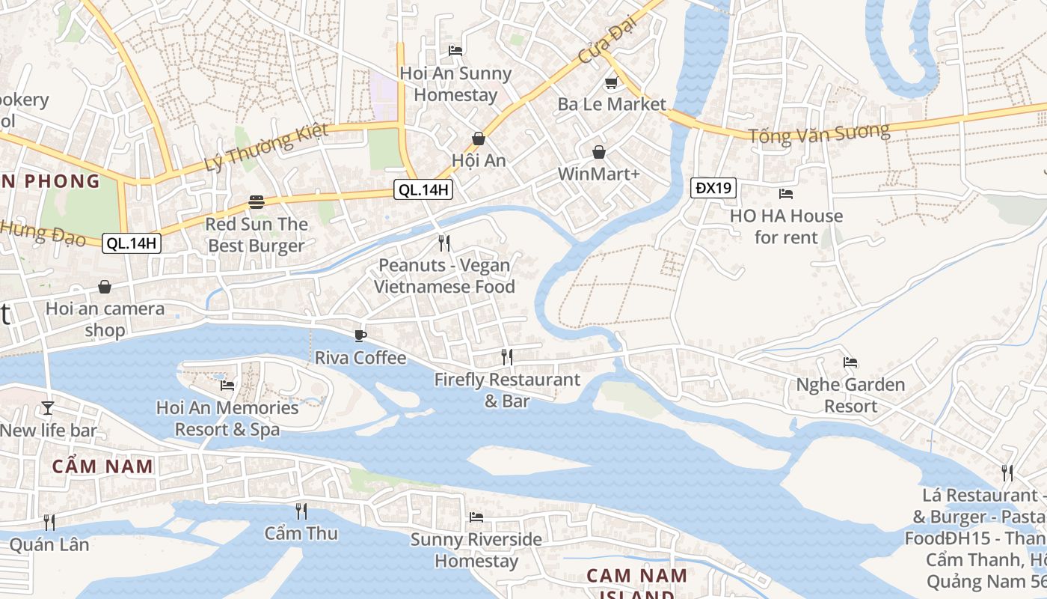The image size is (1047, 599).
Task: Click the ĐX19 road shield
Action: pyautogui.click(x=713, y=187)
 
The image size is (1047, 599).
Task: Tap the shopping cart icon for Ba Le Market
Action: pyautogui.click(x=611, y=82)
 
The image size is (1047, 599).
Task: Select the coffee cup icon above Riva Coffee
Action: pyautogui.click(x=360, y=335)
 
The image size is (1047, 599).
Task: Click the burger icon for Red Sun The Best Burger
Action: pyautogui.click(x=257, y=201)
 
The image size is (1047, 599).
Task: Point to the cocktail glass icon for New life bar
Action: pyautogui.click(x=48, y=408)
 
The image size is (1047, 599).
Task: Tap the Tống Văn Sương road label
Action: pyautogui.click(x=820, y=134)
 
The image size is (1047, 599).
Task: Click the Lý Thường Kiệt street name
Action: pyautogui.click(x=266, y=148)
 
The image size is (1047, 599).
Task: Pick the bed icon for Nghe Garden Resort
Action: pyautogui.click(x=850, y=362)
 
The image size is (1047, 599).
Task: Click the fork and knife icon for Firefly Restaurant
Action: pyautogui.click(x=507, y=357)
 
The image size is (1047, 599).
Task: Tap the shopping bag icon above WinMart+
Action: pyautogui.click(x=599, y=152)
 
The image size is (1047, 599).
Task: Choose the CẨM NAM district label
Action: pyautogui.click(x=102, y=466)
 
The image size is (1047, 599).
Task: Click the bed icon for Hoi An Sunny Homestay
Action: pyautogui.click(x=455, y=51)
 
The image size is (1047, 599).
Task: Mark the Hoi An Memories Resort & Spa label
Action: pyautogui.click(x=227, y=419)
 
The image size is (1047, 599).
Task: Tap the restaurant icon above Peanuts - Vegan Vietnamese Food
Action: pyautogui.click(x=444, y=243)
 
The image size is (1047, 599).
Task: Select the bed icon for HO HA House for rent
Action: pyautogui.click(x=786, y=194)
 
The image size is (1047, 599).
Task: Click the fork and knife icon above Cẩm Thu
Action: pyautogui.click(x=301, y=511)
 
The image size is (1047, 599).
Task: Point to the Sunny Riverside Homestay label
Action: pyautogui.click(x=476, y=550)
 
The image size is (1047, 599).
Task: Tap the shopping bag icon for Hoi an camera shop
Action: pyautogui.click(x=105, y=287)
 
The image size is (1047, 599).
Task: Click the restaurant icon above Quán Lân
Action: pyautogui.click(x=49, y=522)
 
